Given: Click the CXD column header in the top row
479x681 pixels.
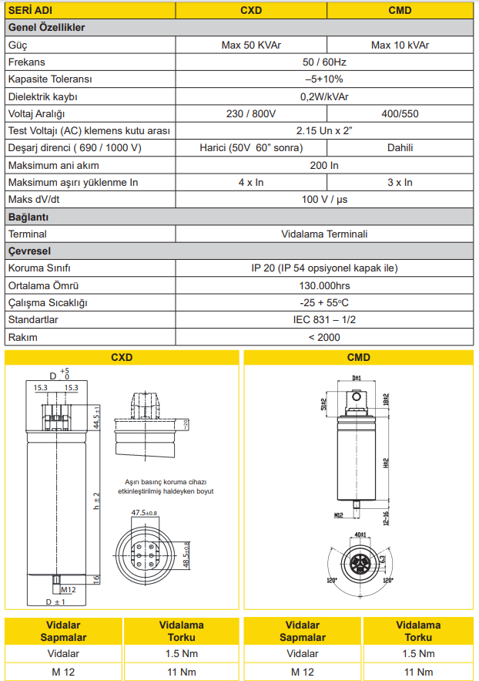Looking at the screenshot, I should (251, 11).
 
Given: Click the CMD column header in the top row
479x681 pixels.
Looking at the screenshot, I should (401, 11).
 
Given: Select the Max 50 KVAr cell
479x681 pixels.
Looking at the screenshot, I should (251, 45).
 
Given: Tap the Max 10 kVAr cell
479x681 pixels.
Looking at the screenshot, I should (401, 45).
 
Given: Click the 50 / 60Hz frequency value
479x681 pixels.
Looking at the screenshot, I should (324, 62).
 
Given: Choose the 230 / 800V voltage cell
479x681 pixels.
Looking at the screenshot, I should (251, 114).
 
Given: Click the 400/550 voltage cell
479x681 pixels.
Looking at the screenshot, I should (401, 114).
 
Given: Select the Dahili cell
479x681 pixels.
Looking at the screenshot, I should (401, 148).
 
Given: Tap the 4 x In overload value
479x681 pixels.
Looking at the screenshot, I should (251, 183).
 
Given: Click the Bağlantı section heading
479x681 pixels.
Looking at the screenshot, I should (28, 217).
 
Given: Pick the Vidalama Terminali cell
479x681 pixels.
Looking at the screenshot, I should (324, 234).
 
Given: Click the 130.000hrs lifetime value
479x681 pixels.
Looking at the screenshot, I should (324, 285).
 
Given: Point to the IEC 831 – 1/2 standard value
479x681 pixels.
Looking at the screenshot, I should (324, 319).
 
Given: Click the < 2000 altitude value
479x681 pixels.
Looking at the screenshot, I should (324, 337).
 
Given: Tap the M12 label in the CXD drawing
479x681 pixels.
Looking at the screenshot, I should (68, 589).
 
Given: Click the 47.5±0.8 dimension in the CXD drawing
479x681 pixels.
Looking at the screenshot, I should (144, 513).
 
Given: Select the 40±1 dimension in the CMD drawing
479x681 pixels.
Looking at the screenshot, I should (360, 533).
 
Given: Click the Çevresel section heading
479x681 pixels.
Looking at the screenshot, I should (28, 251).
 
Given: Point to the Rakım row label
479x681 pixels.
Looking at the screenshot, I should (22, 337).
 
